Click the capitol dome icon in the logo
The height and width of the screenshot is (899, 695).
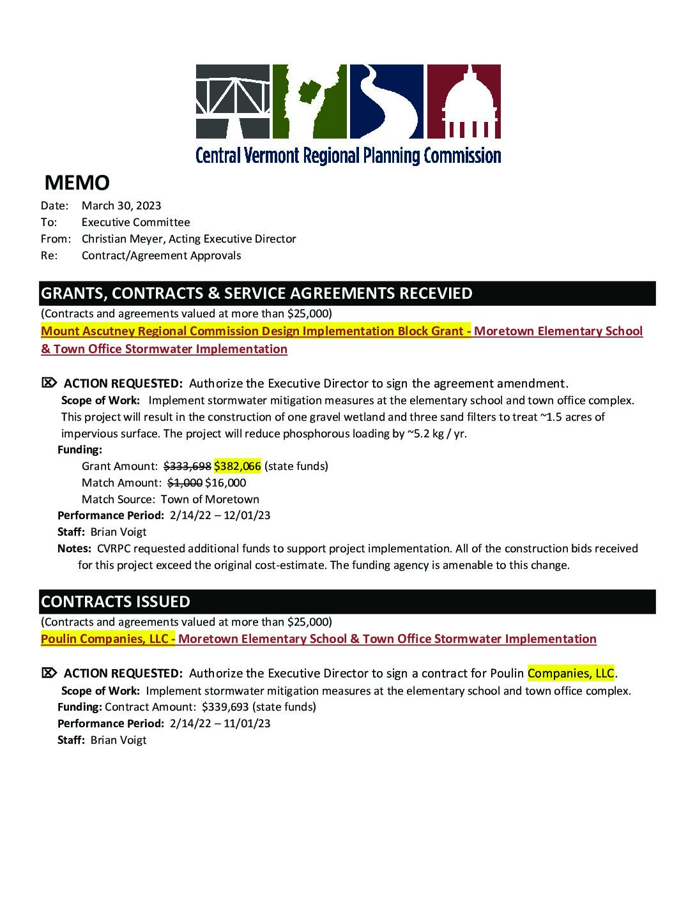[463, 102]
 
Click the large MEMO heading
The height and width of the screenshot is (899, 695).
[77, 183]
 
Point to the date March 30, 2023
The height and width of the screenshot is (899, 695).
[121, 206]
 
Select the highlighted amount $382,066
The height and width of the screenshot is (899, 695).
[237, 466]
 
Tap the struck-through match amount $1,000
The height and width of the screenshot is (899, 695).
[185, 483]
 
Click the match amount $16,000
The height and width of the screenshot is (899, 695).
[225, 483]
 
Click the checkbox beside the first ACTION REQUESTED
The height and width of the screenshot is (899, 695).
[49, 383]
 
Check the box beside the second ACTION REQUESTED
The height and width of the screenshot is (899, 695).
[49, 673]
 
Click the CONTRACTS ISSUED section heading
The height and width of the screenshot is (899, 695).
[116, 601]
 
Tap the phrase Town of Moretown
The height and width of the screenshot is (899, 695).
[210, 499]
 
